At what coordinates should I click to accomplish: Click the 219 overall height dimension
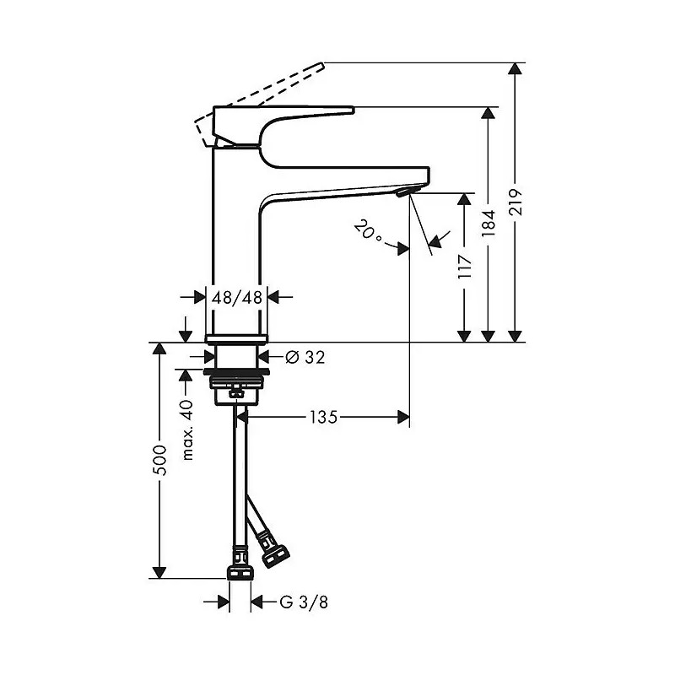point(515,202)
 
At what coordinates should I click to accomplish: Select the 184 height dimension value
point(489,224)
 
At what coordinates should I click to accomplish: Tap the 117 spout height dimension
point(465,266)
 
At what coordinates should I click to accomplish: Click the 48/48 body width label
point(237,297)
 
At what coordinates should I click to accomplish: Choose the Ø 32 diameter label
point(305,357)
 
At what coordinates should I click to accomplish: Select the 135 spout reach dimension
point(324,417)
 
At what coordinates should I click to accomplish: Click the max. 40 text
point(187,430)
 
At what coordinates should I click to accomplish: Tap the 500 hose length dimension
point(159,460)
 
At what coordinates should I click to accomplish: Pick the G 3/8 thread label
point(304,602)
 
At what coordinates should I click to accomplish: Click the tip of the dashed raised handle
point(322,65)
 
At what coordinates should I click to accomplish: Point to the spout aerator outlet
point(407,191)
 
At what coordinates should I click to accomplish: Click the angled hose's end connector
point(275,555)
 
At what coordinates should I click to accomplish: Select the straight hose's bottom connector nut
point(240,574)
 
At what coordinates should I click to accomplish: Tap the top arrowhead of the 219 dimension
point(515,69)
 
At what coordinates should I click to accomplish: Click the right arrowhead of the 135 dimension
point(403,417)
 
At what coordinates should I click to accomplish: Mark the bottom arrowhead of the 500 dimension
point(159,572)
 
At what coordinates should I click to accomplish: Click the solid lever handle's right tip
point(353,111)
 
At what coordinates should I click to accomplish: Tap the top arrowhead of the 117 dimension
point(465,200)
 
